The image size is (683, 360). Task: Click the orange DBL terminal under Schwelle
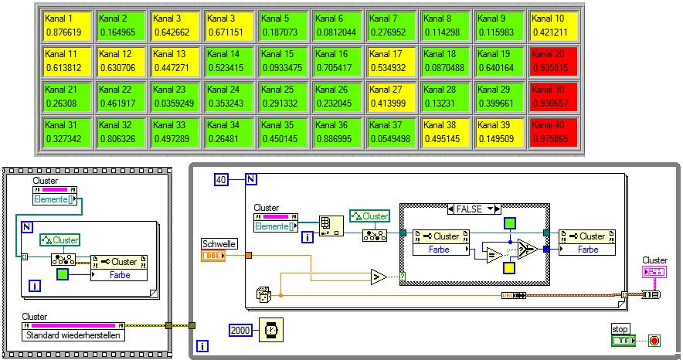(212, 256)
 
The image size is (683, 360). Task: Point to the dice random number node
(264, 294)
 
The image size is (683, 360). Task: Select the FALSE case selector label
(474, 209)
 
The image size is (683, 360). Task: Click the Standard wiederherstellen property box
(73, 335)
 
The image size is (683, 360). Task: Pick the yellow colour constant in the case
(508, 268)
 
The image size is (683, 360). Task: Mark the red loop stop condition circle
(654, 340)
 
